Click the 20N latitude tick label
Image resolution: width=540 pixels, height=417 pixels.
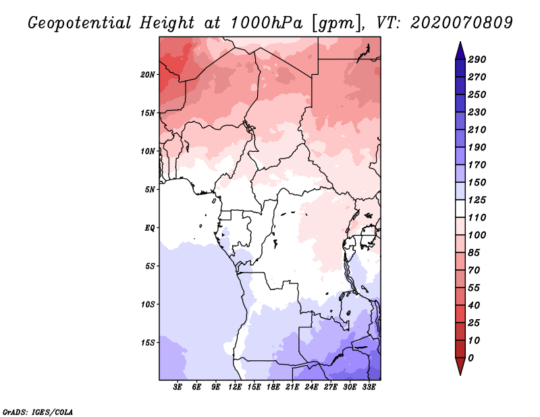point(148,74)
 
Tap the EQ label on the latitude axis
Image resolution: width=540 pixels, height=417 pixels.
point(150,228)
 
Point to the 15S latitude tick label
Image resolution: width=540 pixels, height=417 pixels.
point(148,343)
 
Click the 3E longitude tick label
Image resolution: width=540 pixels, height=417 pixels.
point(178,387)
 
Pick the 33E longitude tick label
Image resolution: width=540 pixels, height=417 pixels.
point(369,387)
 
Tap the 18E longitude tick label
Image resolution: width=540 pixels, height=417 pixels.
point(273,387)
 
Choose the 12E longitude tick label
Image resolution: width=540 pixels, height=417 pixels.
point(235,387)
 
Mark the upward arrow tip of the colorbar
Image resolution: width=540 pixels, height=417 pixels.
point(460,43)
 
